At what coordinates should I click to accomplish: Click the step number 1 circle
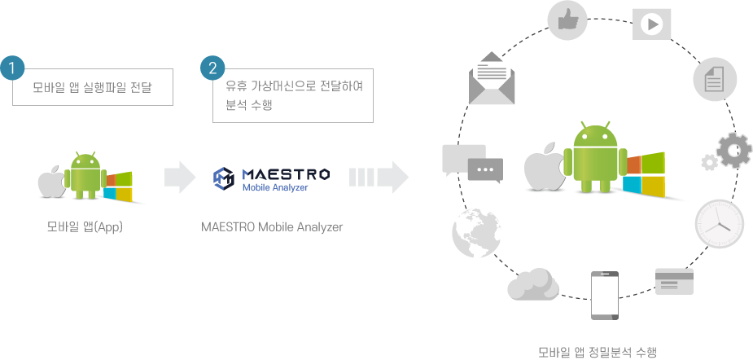(11, 68)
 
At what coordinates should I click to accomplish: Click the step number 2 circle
(212, 68)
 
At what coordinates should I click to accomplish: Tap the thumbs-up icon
(567, 21)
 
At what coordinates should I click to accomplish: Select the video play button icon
(653, 24)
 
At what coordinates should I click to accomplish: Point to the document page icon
(715, 81)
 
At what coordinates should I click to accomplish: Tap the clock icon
(719, 222)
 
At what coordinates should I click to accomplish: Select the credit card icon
(674, 281)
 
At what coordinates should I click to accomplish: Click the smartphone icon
(603, 294)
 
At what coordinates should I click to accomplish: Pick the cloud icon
(533, 284)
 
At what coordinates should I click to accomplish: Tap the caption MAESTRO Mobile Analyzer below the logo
(272, 227)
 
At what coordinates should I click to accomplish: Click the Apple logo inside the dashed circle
(541, 169)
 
